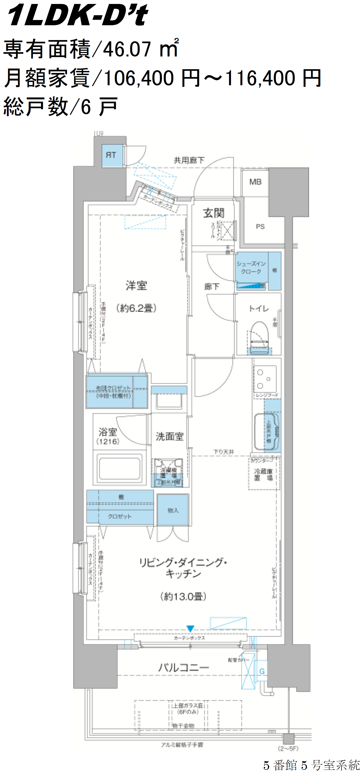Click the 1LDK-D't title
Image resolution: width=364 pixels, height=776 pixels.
pos(78,15)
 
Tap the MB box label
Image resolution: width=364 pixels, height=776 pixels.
pos(255,182)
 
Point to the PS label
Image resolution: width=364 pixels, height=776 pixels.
pos(260,226)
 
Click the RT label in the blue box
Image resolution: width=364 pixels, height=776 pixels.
pos(111,155)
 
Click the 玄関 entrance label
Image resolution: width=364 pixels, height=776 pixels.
pos(213,213)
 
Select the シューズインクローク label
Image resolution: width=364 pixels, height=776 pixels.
pos(251,267)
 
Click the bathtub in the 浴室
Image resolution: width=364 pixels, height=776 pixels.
pos(119,469)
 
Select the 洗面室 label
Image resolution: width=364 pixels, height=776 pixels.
pos(169,436)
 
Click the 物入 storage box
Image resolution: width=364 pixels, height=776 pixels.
pos(173,510)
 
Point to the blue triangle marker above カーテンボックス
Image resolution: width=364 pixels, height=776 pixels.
pos(190,629)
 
